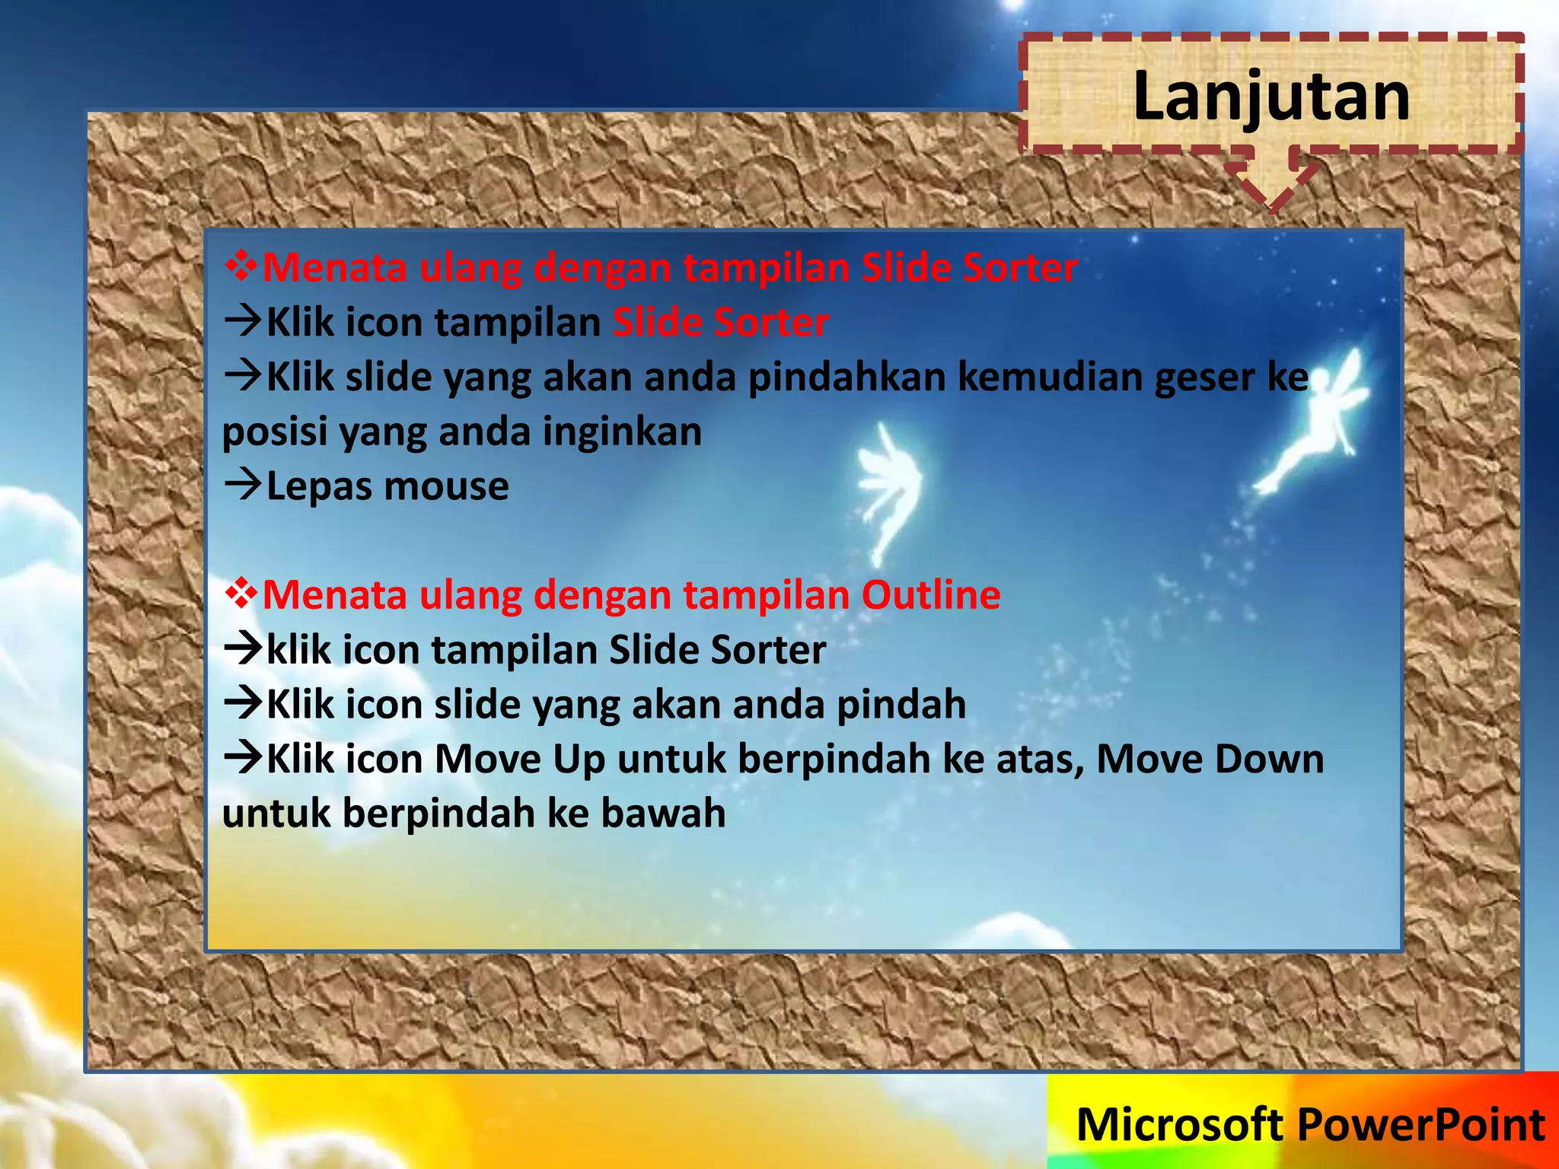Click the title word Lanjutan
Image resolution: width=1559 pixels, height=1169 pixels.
[1270, 96]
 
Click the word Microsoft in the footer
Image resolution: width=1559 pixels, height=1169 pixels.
[1180, 1125]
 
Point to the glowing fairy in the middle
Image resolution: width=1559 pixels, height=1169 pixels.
[887, 487]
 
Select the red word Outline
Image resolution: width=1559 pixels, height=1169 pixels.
[930, 594]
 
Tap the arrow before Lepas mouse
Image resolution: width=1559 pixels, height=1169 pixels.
[243, 484]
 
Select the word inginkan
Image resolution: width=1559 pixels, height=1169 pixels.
[622, 432]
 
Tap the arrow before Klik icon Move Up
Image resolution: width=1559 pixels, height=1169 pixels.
[243, 757]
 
